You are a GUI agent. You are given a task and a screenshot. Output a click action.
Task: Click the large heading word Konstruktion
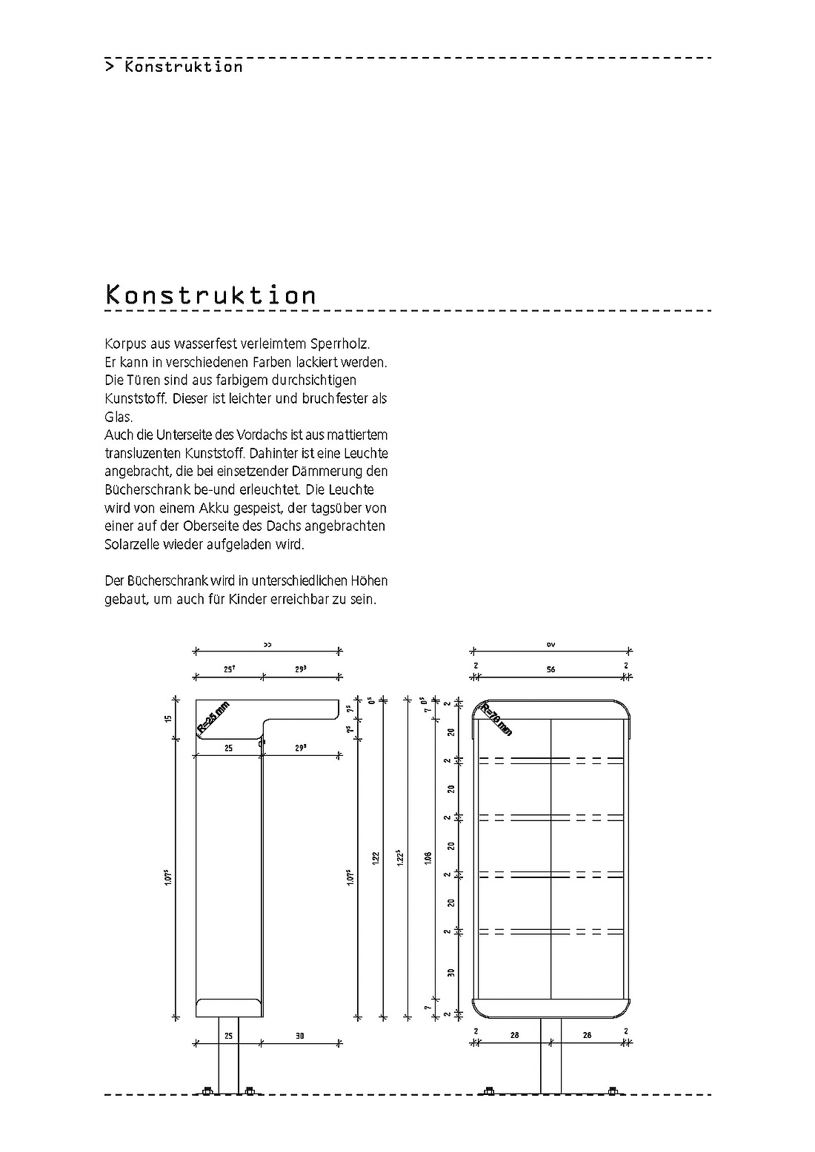[211, 295]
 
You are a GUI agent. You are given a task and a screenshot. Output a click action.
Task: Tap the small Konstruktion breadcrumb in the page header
[183, 67]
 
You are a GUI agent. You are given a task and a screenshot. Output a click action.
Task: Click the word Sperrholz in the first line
[342, 344]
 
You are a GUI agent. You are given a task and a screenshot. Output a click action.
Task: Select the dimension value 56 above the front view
[550, 669]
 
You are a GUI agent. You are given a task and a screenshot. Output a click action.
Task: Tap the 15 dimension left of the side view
[170, 717]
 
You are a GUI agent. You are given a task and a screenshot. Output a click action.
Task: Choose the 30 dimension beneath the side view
[300, 1036]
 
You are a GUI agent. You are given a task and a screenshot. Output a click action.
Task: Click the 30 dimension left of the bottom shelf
[450, 972]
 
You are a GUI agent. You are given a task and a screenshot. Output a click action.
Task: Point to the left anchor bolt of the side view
[207, 1090]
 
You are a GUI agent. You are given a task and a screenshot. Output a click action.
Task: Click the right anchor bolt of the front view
[612, 1090]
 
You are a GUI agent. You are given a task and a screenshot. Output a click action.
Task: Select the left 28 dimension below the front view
[514, 1035]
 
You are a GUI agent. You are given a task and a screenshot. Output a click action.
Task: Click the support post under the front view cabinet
[550, 1055]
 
